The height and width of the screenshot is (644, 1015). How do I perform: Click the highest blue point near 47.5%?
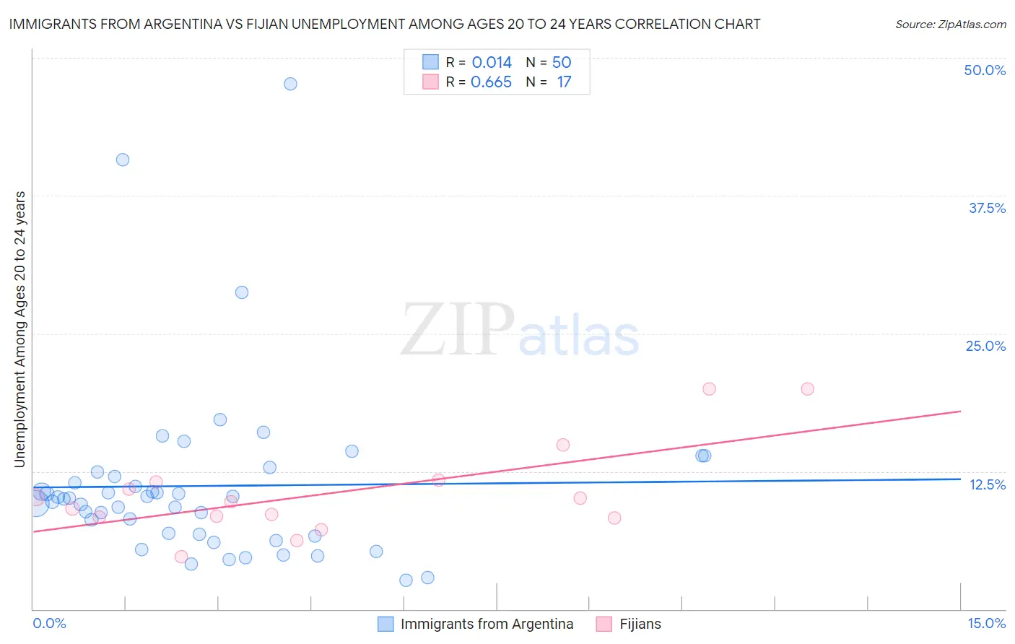(290, 84)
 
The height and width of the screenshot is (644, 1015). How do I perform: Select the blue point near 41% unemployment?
(123, 160)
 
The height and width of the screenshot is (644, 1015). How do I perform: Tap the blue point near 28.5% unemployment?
(242, 292)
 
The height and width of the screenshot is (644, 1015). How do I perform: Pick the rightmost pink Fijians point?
(807, 389)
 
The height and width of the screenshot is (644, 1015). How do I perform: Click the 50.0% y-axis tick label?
(985, 70)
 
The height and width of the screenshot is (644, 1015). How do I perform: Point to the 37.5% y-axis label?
(987, 208)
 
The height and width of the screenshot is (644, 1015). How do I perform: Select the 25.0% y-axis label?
(985, 346)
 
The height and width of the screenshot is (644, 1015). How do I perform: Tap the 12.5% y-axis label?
(987, 484)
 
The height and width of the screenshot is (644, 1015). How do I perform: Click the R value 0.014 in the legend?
(492, 63)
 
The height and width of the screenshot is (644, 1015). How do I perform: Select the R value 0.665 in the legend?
(491, 82)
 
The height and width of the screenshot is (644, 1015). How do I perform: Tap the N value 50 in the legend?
(562, 63)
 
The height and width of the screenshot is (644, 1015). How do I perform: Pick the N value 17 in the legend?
(564, 82)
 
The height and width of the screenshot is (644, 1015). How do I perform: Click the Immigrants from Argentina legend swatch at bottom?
(386, 624)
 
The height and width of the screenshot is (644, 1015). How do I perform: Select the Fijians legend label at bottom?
(640, 624)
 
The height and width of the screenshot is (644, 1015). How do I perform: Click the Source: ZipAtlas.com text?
(950, 25)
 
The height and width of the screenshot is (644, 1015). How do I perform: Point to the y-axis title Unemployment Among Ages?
(20, 329)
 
